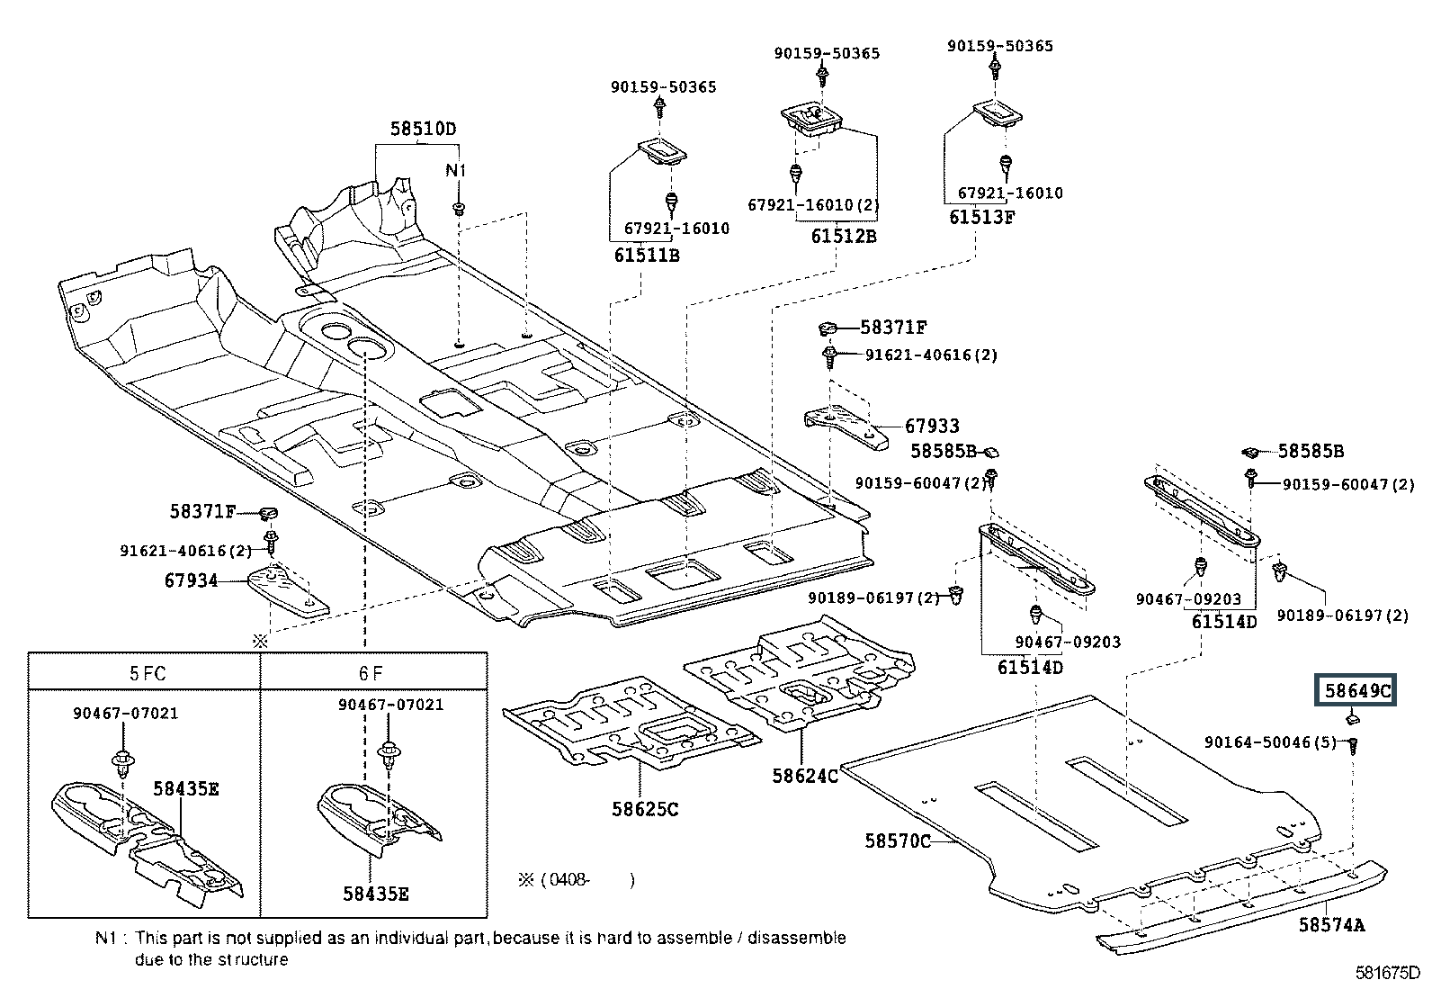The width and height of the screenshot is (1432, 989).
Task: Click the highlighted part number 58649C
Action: click(1357, 691)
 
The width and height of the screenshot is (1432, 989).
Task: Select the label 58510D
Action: click(423, 129)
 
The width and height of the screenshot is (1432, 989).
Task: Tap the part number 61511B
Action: click(647, 255)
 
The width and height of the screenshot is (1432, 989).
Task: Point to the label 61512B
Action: click(843, 236)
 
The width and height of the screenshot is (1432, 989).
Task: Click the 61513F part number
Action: click(982, 217)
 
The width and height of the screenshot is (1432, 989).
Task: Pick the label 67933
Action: click(932, 426)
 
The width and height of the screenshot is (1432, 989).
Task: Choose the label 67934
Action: click(191, 580)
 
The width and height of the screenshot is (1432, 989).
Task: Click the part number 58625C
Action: click(645, 808)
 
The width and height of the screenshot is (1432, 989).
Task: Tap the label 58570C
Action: click(898, 841)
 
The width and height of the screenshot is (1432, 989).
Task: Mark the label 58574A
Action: click(1332, 924)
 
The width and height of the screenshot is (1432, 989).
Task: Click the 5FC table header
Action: click(148, 672)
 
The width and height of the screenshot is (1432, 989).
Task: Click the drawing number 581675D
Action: click(1388, 973)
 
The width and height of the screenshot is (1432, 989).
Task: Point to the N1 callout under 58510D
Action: click(457, 170)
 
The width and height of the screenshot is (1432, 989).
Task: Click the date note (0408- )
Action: click(577, 879)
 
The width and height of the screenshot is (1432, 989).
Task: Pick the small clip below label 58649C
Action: click(1352, 718)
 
